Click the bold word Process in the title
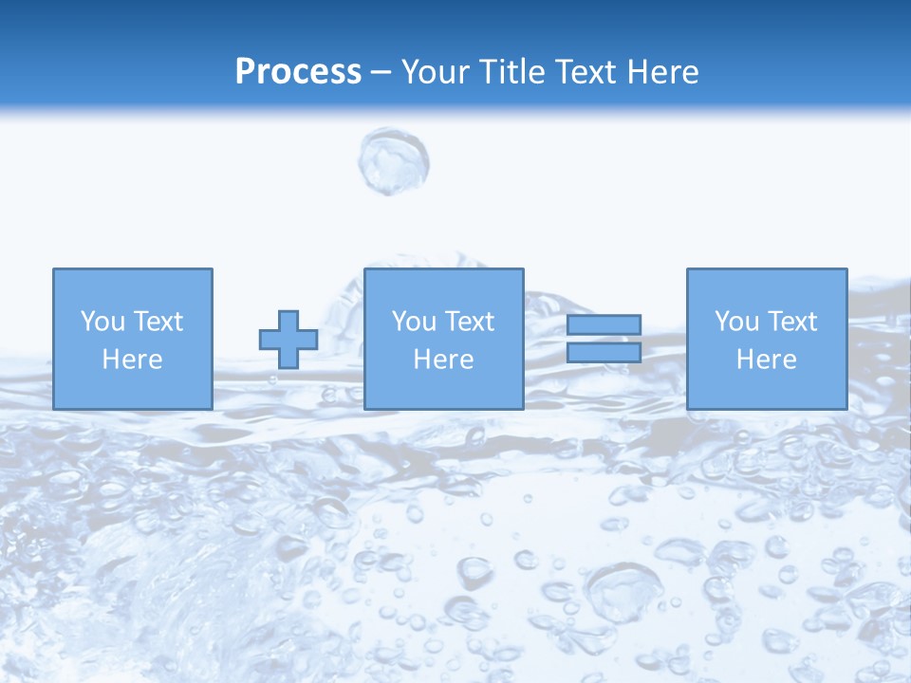click(x=298, y=72)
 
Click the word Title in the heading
click(x=511, y=72)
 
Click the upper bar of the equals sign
click(x=604, y=324)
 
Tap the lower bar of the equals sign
click(x=604, y=353)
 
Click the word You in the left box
click(x=102, y=322)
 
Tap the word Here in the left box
click(x=132, y=360)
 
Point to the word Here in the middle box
click(x=443, y=360)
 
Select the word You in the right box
click(x=735, y=322)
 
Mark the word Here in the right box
click(x=766, y=360)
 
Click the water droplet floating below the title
click(x=393, y=161)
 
